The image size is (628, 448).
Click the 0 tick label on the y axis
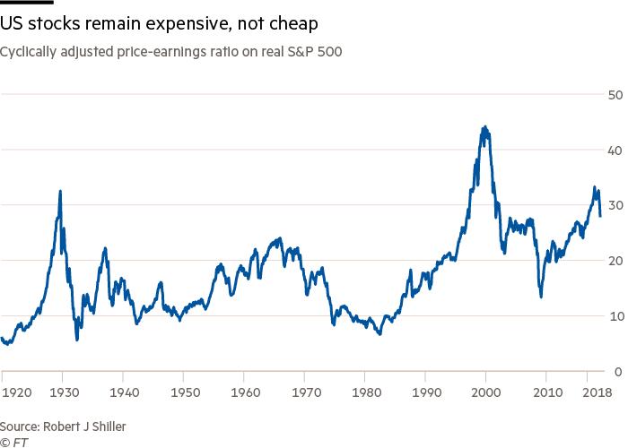(617, 372)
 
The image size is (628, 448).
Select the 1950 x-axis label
(185, 392)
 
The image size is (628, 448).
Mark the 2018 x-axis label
(597, 392)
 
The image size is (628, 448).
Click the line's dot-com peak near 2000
(484, 127)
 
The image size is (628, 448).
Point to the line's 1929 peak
(60, 191)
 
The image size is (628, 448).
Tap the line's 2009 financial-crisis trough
(541, 297)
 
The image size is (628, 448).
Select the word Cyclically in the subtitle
(31, 52)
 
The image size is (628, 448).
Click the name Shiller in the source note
(105, 426)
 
